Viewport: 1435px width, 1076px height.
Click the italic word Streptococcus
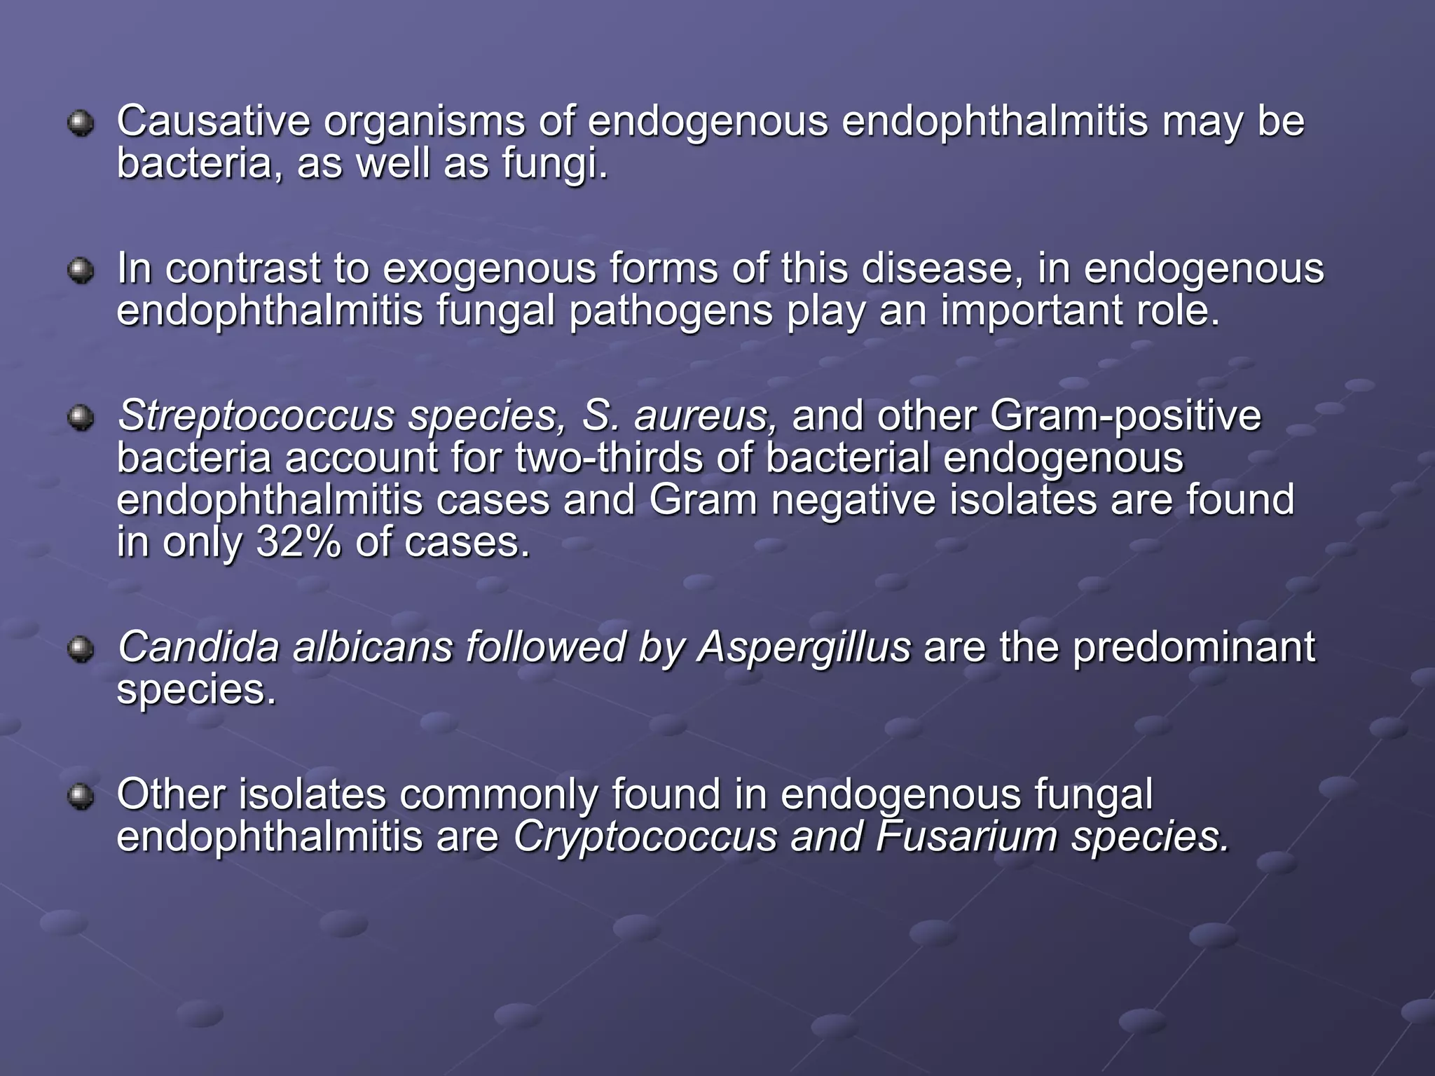[256, 416]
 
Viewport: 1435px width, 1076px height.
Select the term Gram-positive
[1125, 416]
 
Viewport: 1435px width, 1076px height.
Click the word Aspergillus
[804, 648]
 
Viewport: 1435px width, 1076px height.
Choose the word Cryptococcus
[645, 837]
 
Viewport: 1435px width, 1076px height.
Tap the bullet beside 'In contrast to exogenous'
[81, 270]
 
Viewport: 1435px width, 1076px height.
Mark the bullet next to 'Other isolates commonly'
[81, 796]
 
